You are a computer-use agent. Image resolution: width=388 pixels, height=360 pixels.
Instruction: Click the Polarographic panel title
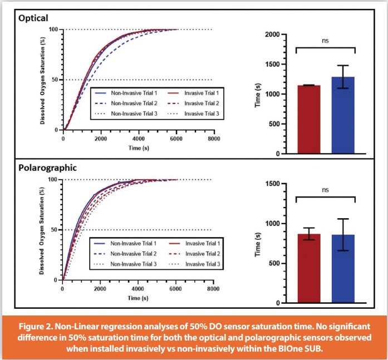click(48, 167)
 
